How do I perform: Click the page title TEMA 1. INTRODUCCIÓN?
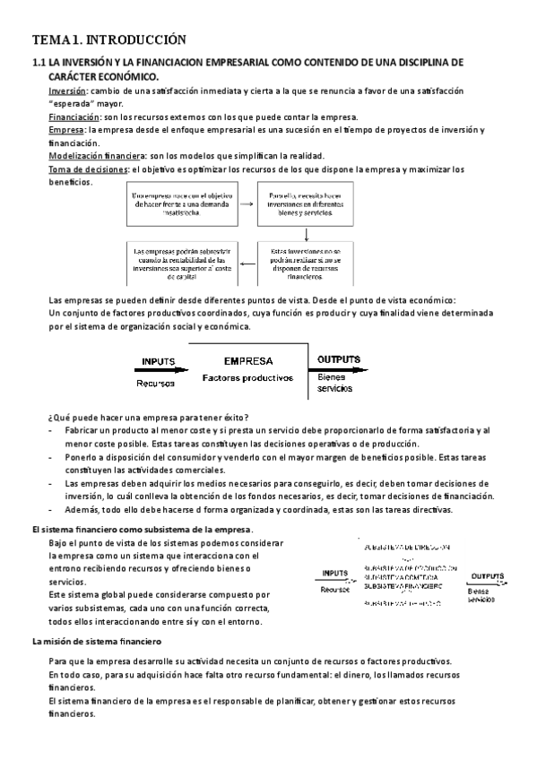coord(108,39)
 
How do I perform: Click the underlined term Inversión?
coord(66,91)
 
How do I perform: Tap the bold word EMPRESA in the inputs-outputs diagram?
coord(248,361)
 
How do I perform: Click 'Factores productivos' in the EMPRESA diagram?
coord(248,377)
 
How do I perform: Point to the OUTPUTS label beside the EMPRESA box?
coord(339,359)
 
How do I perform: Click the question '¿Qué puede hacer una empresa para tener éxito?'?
coord(148,418)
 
